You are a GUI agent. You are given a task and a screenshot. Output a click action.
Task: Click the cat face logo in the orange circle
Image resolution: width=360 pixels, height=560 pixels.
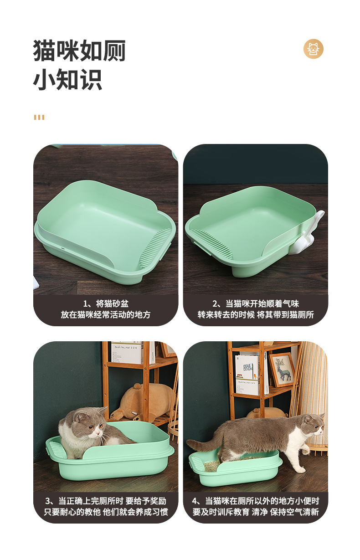pyautogui.click(x=314, y=49)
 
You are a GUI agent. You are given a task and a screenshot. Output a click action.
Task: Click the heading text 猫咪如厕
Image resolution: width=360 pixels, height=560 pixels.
pyautogui.click(x=79, y=51)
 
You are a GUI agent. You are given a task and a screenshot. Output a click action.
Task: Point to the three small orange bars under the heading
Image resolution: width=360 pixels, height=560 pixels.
pyautogui.click(x=39, y=117)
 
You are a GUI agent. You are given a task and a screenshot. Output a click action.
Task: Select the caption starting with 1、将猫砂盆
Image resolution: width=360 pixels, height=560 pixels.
pyautogui.click(x=106, y=303)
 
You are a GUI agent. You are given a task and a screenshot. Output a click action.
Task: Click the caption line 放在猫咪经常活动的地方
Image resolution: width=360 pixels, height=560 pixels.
pyautogui.click(x=106, y=315)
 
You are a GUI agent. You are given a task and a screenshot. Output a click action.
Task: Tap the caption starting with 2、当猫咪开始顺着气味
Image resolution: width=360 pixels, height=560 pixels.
pyautogui.click(x=256, y=303)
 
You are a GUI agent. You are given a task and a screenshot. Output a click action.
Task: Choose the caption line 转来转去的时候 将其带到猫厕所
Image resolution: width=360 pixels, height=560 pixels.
pyautogui.click(x=256, y=315)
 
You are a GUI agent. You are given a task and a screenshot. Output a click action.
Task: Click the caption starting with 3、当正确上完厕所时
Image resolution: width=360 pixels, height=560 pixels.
pyautogui.click(x=106, y=501)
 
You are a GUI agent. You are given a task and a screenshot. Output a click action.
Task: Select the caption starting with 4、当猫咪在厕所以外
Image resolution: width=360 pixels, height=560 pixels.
pyautogui.click(x=256, y=501)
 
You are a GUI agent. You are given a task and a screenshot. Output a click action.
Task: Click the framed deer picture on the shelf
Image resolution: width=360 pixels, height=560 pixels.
pyautogui.click(x=282, y=370)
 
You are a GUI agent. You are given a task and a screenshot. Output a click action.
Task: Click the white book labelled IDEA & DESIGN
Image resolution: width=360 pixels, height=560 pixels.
pyautogui.click(x=247, y=373)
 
